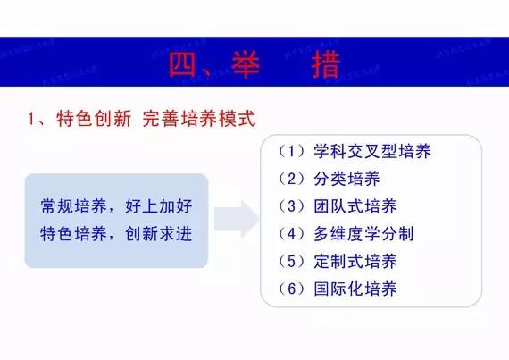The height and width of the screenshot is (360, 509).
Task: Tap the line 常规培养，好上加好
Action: point(116,205)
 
